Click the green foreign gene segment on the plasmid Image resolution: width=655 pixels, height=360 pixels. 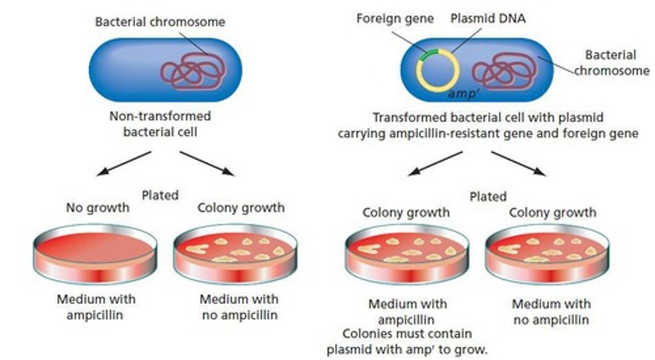(429, 55)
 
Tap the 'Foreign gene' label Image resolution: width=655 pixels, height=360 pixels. (395, 19)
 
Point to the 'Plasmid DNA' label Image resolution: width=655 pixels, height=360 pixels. (488, 19)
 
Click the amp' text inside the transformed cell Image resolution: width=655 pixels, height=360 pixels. (462, 94)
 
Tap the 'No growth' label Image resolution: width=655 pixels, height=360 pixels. (97, 208)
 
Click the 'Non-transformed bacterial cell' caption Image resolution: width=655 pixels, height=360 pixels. (160, 123)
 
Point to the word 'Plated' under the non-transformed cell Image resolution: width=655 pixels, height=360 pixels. (160, 195)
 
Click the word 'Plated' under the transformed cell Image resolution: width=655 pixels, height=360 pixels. (488, 196)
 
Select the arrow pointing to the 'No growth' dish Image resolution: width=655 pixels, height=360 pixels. (124, 164)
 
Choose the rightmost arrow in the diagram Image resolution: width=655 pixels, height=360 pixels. (519, 164)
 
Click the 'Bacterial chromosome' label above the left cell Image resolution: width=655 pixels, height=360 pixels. (160, 22)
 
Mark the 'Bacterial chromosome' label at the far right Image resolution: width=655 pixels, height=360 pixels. (611, 63)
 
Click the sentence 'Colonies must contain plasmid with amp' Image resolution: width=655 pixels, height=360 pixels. (407, 341)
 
